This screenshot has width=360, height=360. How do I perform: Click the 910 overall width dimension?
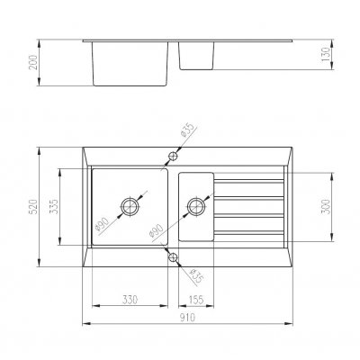(x=187, y=317)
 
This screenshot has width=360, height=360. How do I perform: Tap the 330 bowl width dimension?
(x=130, y=300)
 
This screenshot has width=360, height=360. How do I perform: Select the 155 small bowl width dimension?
(x=196, y=300)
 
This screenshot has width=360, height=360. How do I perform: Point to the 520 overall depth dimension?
(x=33, y=207)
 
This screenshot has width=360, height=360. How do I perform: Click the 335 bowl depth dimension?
(x=54, y=207)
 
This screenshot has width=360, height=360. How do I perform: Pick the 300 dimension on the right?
(x=326, y=207)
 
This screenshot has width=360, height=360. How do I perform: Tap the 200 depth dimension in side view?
(x=33, y=62)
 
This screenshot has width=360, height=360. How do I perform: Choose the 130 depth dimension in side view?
(x=326, y=54)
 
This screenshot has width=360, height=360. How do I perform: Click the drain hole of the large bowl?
(x=130, y=207)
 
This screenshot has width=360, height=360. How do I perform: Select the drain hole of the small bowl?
(x=196, y=207)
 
